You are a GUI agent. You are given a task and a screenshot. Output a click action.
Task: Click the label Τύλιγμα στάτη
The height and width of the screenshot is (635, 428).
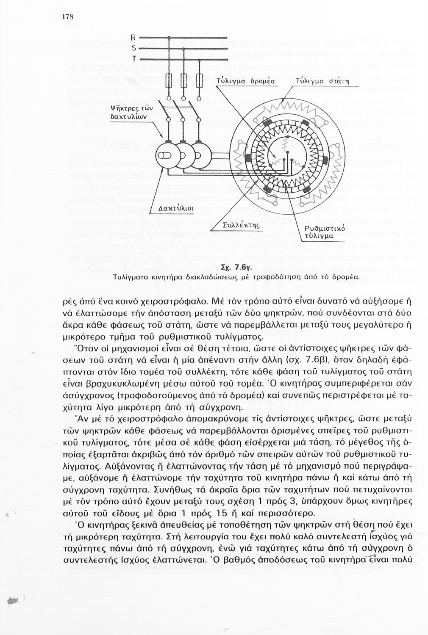tap(317, 81)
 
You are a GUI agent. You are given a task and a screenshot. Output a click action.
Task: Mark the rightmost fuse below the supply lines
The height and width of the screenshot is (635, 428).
tap(200, 80)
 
